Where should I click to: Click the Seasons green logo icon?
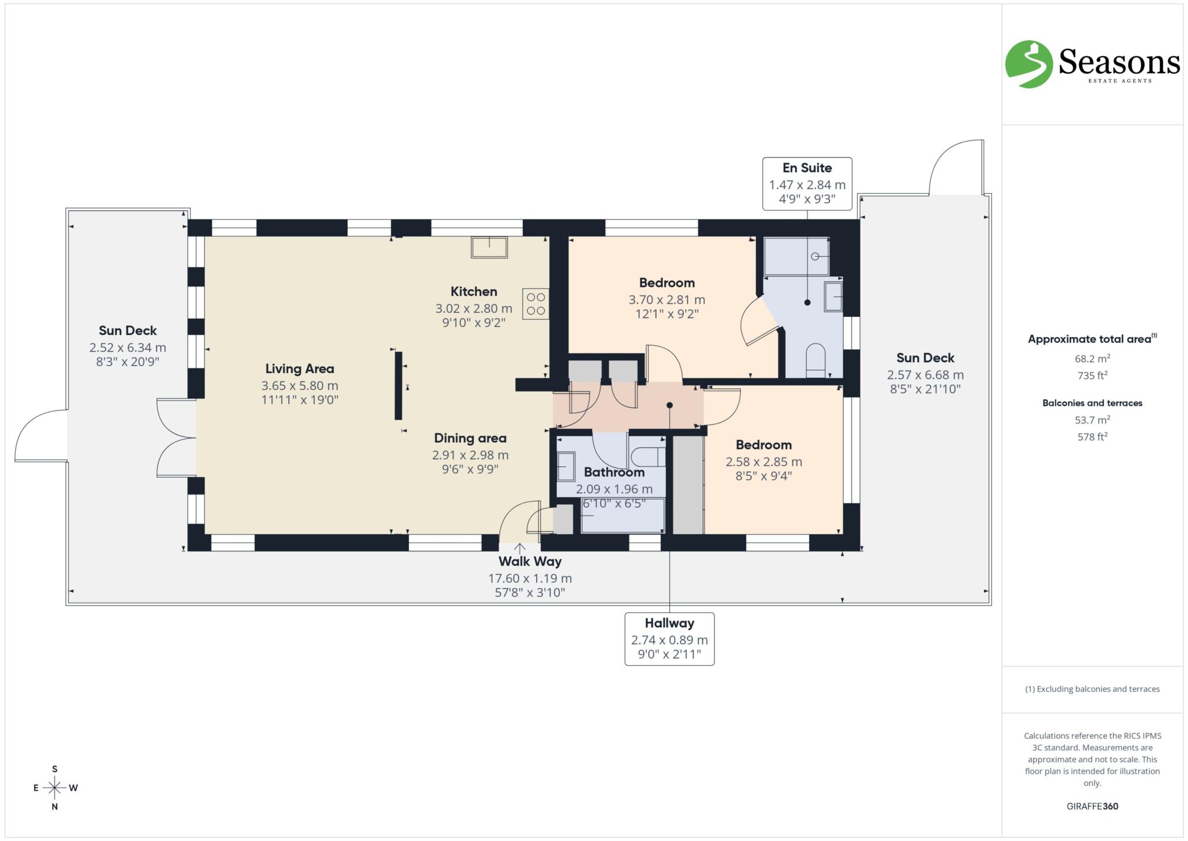1028,64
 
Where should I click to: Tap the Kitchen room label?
473,291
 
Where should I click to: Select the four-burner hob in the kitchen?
535,304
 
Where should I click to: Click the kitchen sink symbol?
489,247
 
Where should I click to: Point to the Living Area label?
299,369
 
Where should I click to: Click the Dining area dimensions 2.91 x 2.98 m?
470,455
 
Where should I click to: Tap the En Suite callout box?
807,183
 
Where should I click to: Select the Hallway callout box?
669,638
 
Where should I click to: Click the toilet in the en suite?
815,359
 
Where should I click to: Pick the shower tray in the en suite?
796,256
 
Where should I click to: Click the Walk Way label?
530,561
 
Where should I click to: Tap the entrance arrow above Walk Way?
519,548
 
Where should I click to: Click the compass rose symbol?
55,788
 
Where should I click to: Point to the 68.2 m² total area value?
1092,359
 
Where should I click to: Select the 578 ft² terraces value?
1092,437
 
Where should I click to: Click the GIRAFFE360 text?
1092,806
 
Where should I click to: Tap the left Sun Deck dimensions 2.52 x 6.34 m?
128,348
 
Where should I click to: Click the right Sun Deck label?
925,358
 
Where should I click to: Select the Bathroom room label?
614,472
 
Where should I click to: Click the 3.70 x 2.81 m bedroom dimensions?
667,300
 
